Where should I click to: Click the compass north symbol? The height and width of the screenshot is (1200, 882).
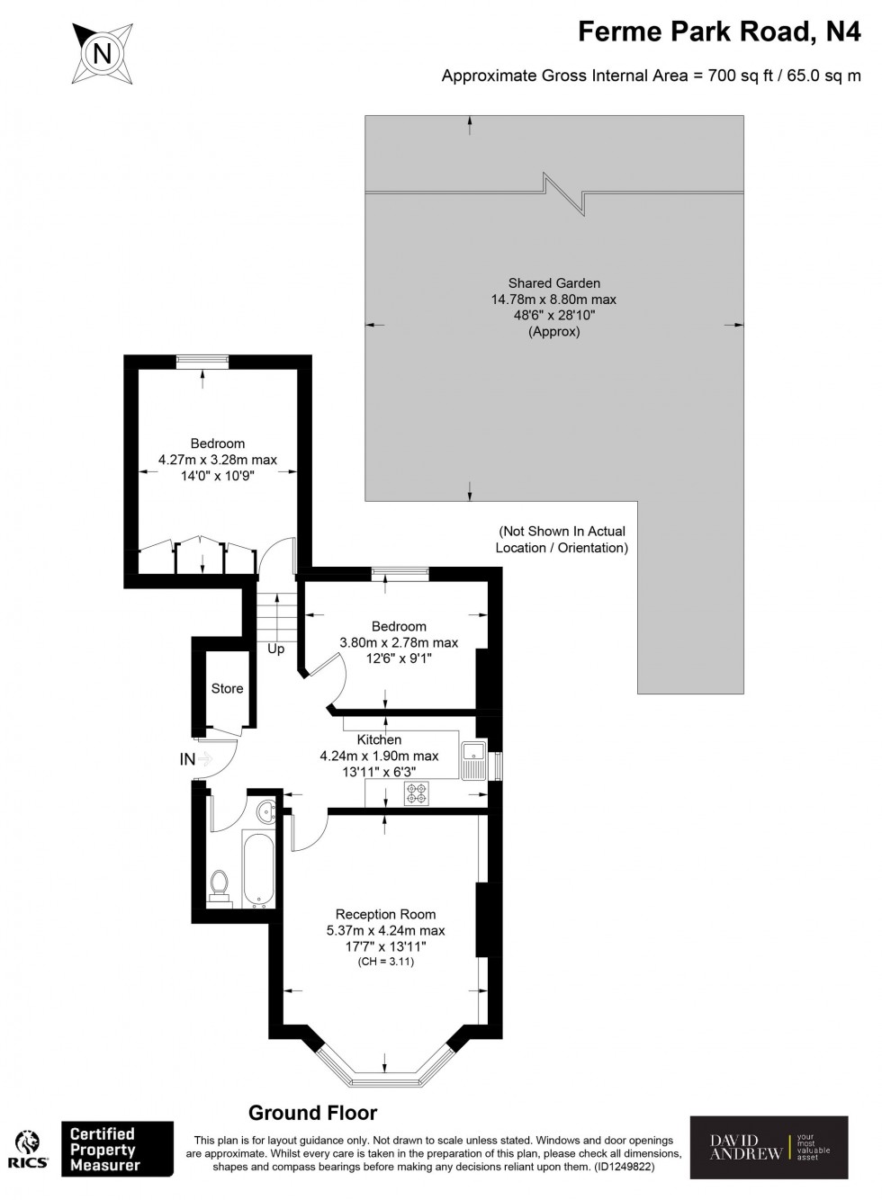pyautogui.click(x=103, y=53)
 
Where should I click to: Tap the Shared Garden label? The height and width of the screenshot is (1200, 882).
pyautogui.click(x=553, y=282)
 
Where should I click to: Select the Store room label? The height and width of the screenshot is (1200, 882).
pyautogui.click(x=227, y=688)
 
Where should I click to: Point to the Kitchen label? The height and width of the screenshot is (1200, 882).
pyautogui.click(x=379, y=739)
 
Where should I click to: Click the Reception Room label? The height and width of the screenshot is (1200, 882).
pyautogui.click(x=385, y=914)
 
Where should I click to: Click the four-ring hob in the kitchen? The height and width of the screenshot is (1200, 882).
pyautogui.click(x=417, y=793)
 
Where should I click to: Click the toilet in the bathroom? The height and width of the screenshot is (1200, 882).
pyautogui.click(x=219, y=885)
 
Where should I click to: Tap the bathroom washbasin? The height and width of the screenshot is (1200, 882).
pyautogui.click(x=265, y=811)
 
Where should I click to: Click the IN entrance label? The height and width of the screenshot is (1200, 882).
pyautogui.click(x=187, y=760)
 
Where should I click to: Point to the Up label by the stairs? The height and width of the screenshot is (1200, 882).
pyautogui.click(x=275, y=649)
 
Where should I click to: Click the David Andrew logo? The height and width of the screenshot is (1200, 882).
pyautogui.click(x=768, y=1147)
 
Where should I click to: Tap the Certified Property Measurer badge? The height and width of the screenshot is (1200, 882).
pyautogui.click(x=116, y=1149)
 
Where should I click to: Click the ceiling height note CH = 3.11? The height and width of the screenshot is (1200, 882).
pyautogui.click(x=385, y=961)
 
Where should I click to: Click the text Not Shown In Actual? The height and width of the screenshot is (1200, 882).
pyautogui.click(x=562, y=532)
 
